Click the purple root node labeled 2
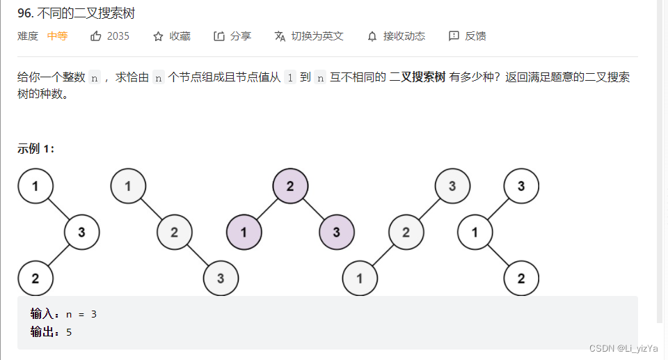click(x=290, y=186)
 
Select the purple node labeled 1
click(x=244, y=232)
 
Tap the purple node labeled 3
click(x=337, y=232)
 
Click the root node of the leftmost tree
click(x=35, y=186)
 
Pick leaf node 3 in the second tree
click(x=221, y=279)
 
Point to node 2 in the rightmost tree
click(x=521, y=279)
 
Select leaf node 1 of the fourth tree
click(x=360, y=279)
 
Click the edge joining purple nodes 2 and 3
click(x=314, y=209)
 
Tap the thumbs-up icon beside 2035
click(x=96, y=36)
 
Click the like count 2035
click(x=118, y=36)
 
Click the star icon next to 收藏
click(x=158, y=36)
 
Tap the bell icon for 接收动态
click(x=372, y=36)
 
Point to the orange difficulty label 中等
click(x=57, y=36)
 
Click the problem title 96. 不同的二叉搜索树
click(x=76, y=13)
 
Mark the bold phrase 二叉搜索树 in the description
click(x=417, y=77)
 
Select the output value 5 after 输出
click(x=69, y=332)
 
